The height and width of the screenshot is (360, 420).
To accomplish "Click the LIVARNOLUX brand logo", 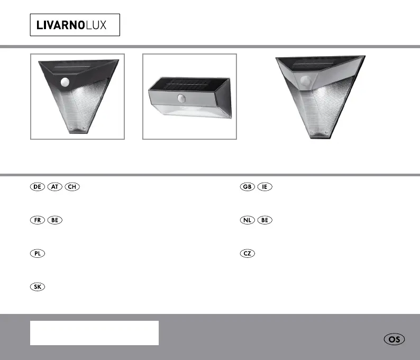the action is click(75, 25).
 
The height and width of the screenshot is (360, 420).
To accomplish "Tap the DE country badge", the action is click(38, 186).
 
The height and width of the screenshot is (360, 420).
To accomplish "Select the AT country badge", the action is click(54, 186).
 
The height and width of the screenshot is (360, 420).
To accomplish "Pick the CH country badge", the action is click(72, 186).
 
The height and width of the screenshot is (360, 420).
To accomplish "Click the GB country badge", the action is click(247, 186).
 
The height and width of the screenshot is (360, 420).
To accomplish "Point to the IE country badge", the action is click(264, 186).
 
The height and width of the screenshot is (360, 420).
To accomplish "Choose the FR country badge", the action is click(38, 220).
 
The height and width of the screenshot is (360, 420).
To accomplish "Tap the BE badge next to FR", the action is click(54, 220).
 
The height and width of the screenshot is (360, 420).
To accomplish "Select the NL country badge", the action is click(247, 220).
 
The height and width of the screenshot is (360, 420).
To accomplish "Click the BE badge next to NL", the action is click(264, 220).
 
